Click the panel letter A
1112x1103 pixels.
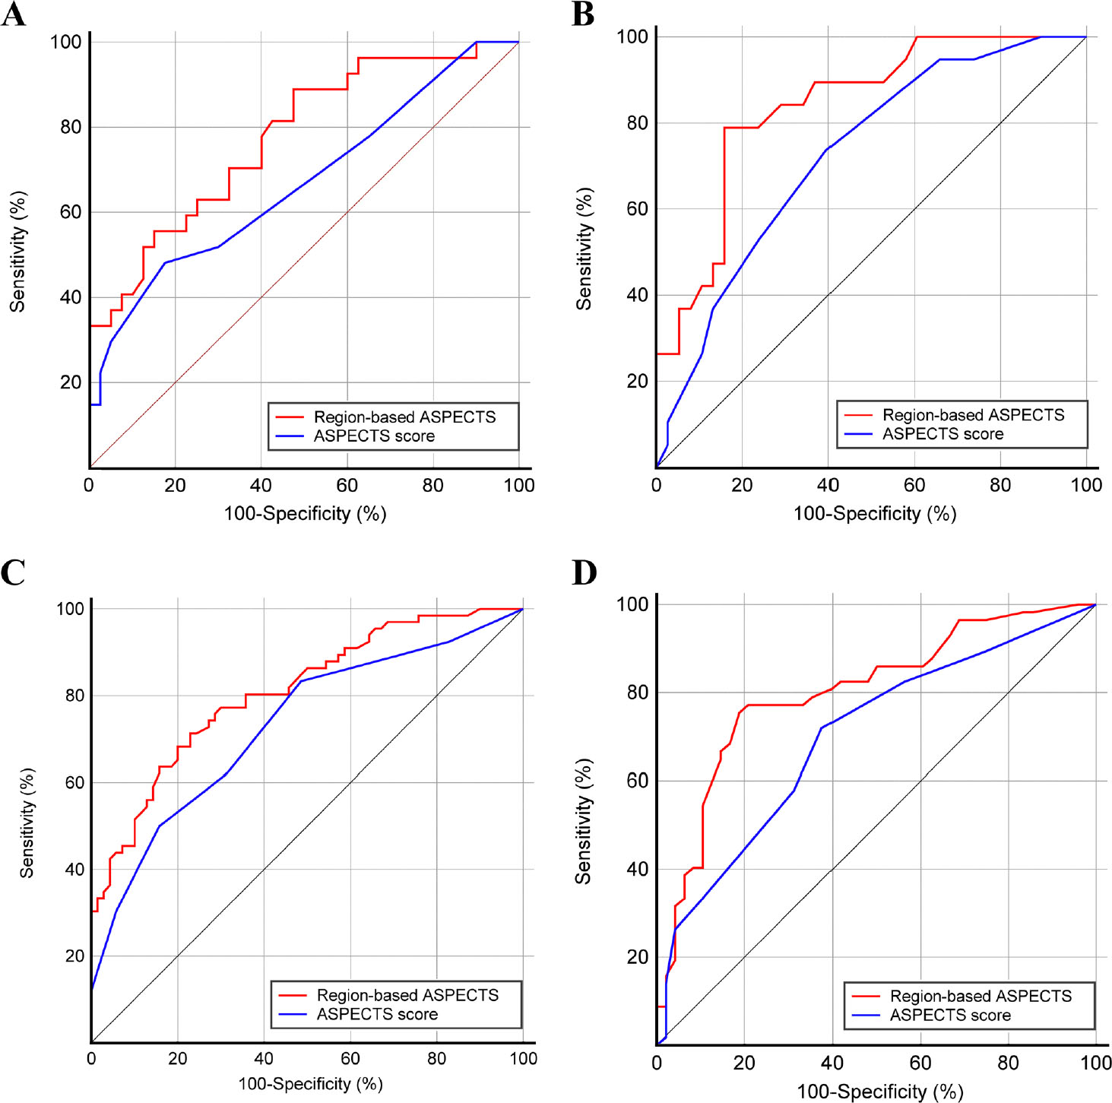tap(13, 14)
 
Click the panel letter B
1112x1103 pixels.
tap(583, 14)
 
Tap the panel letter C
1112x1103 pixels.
tap(13, 572)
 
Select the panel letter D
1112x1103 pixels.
tap(584, 572)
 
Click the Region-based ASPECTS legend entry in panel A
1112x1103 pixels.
tap(404, 417)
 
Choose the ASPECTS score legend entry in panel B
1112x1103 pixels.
tap(943, 434)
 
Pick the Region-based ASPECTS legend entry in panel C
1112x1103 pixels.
tap(407, 995)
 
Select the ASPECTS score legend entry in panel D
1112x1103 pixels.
tap(950, 1016)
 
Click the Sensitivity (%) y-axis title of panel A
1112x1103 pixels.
tap(17, 252)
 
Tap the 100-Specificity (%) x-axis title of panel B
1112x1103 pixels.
tap(875, 514)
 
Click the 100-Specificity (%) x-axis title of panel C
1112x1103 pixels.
tap(310, 1084)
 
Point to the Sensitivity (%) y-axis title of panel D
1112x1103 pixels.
tap(583, 822)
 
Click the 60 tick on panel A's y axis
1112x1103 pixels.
tap(71, 212)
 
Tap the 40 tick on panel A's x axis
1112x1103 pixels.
tap(261, 486)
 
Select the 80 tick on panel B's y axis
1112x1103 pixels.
tap(637, 123)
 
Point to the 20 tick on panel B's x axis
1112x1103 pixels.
tap(742, 486)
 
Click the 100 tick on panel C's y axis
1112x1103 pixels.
tap(70, 609)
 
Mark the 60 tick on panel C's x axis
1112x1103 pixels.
tap(350, 1059)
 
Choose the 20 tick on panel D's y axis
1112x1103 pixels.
tap(637, 957)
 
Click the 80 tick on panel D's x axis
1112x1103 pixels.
tap(1008, 1063)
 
